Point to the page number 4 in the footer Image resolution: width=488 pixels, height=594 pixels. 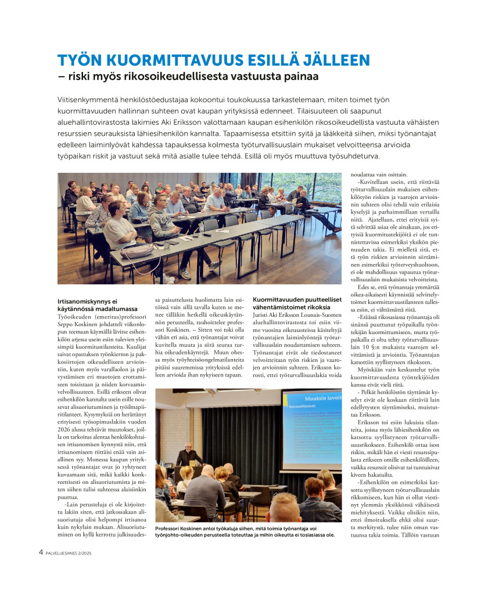[x=41, y=552]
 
